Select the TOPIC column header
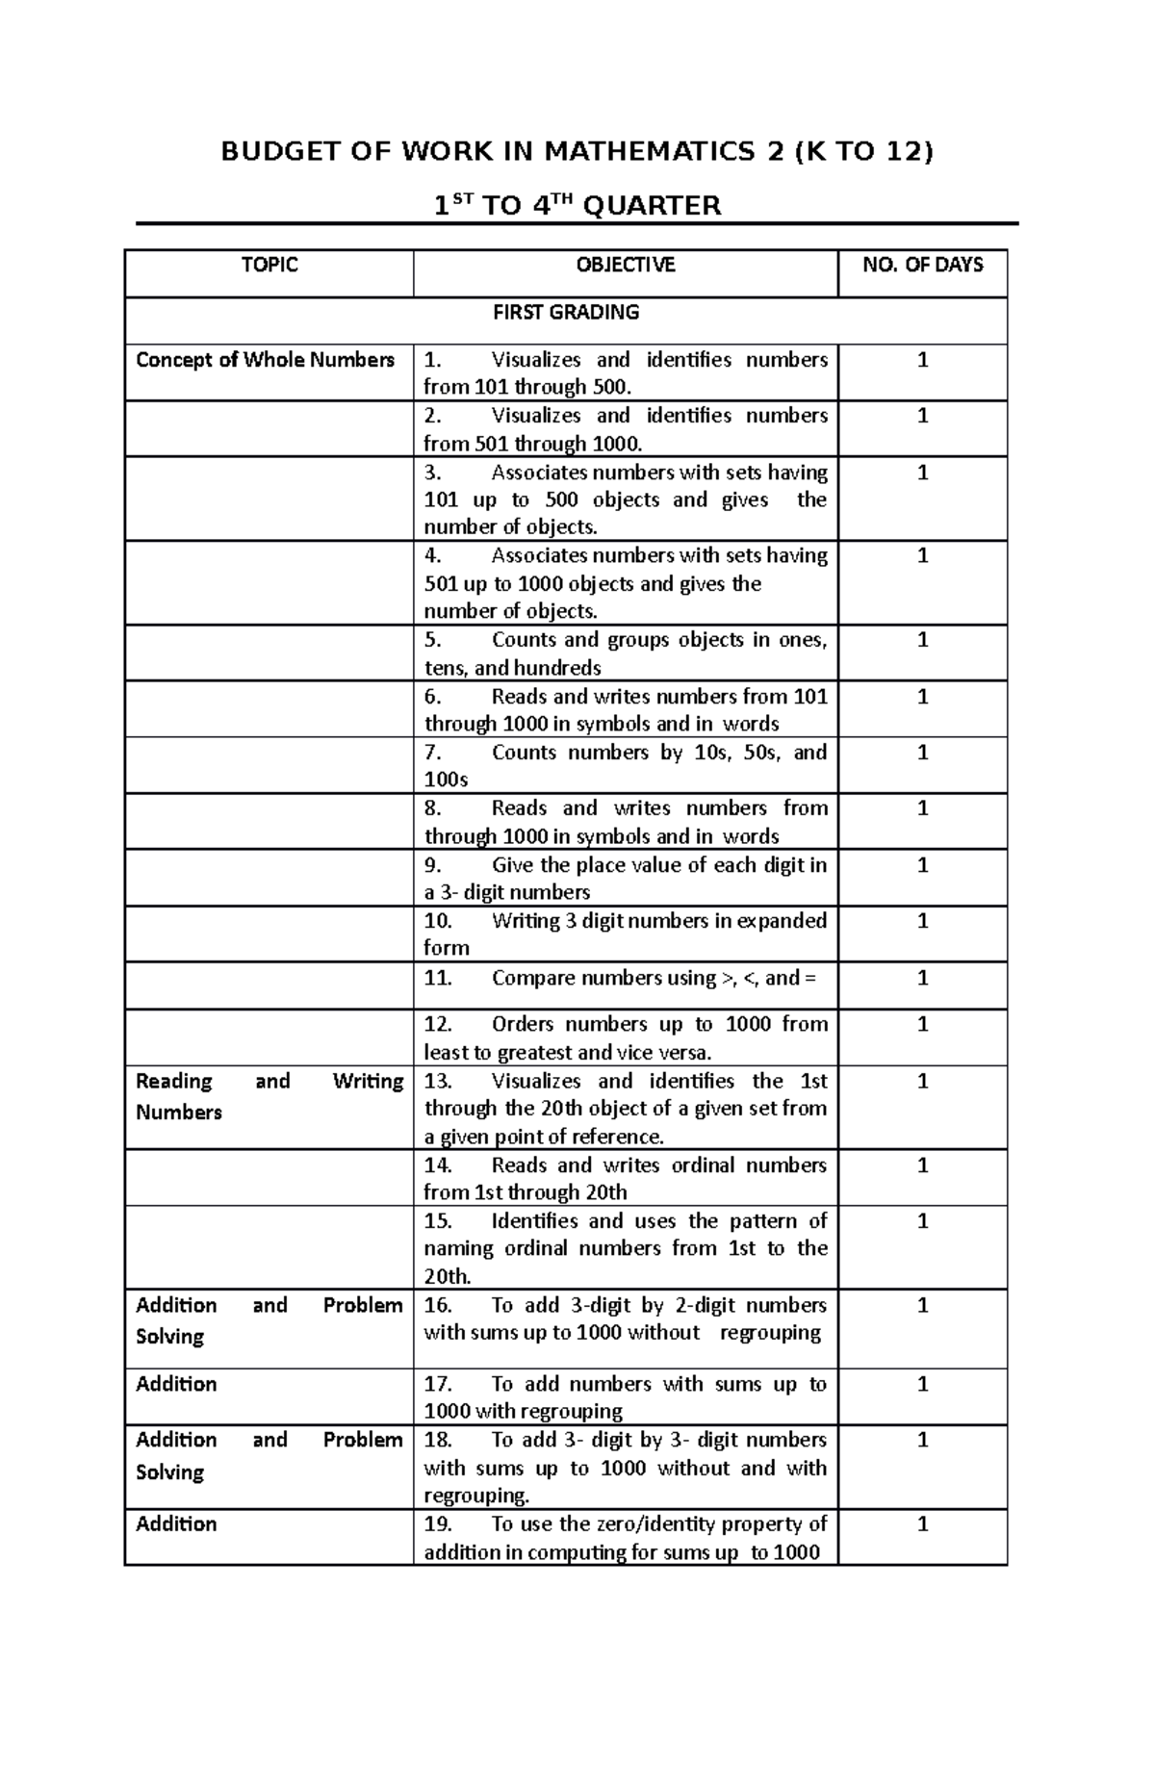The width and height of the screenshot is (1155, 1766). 269,265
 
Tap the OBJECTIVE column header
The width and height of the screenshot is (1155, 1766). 626,265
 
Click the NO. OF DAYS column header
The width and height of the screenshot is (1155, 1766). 923,265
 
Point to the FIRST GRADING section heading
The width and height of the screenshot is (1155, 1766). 566,312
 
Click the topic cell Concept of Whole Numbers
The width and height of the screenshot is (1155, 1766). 266,360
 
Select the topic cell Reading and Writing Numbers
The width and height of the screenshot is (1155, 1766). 269,1096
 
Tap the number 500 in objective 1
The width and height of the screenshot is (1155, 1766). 611,387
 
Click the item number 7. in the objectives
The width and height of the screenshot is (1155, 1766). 433,753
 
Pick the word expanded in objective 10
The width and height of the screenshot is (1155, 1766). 782,921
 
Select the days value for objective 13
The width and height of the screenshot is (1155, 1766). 923,1081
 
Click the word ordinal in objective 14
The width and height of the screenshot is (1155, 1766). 706,1165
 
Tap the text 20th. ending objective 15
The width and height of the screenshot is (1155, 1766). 448,1276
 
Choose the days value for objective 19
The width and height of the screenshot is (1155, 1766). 923,1523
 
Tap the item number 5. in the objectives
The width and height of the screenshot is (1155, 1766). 433,640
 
